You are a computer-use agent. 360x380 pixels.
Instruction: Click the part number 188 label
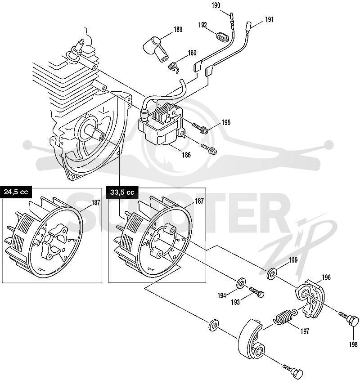point(178,29)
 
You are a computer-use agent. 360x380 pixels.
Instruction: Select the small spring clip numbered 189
point(174,67)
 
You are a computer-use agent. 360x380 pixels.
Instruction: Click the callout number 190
point(216,5)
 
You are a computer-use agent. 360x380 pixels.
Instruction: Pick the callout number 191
point(269,19)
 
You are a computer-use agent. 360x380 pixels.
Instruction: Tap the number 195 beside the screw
point(226,122)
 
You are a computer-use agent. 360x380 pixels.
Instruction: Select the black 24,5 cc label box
point(16,192)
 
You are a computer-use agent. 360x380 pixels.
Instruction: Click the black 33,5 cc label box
point(122,192)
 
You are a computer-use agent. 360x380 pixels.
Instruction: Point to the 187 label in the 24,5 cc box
point(95,203)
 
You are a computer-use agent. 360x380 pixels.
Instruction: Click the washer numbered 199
point(271,273)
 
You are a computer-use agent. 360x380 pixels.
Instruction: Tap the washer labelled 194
point(241,283)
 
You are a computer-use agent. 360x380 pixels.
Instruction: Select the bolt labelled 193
point(256,292)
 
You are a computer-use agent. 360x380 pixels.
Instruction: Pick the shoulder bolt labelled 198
point(349,320)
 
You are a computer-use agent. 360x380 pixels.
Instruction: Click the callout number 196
point(326,277)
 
